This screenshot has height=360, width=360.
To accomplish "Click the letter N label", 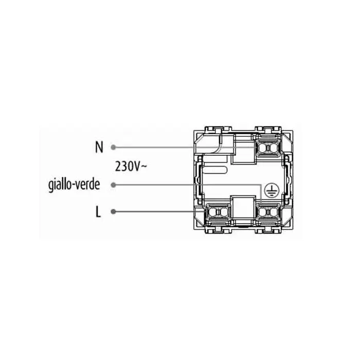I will (99, 147).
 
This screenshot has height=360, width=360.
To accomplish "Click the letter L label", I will (99, 211).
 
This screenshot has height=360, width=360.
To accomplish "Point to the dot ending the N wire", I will (114, 147).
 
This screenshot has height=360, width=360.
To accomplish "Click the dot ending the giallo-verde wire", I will (114, 185).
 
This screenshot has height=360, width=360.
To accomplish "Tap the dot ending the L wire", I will (114, 211).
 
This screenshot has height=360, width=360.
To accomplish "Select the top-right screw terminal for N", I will (269, 147).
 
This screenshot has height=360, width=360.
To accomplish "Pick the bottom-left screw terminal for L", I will (217, 211).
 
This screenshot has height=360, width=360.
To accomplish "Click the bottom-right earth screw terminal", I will (269, 211).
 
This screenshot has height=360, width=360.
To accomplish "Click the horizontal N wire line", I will (165, 147).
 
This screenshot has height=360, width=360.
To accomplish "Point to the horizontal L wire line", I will (159, 211).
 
